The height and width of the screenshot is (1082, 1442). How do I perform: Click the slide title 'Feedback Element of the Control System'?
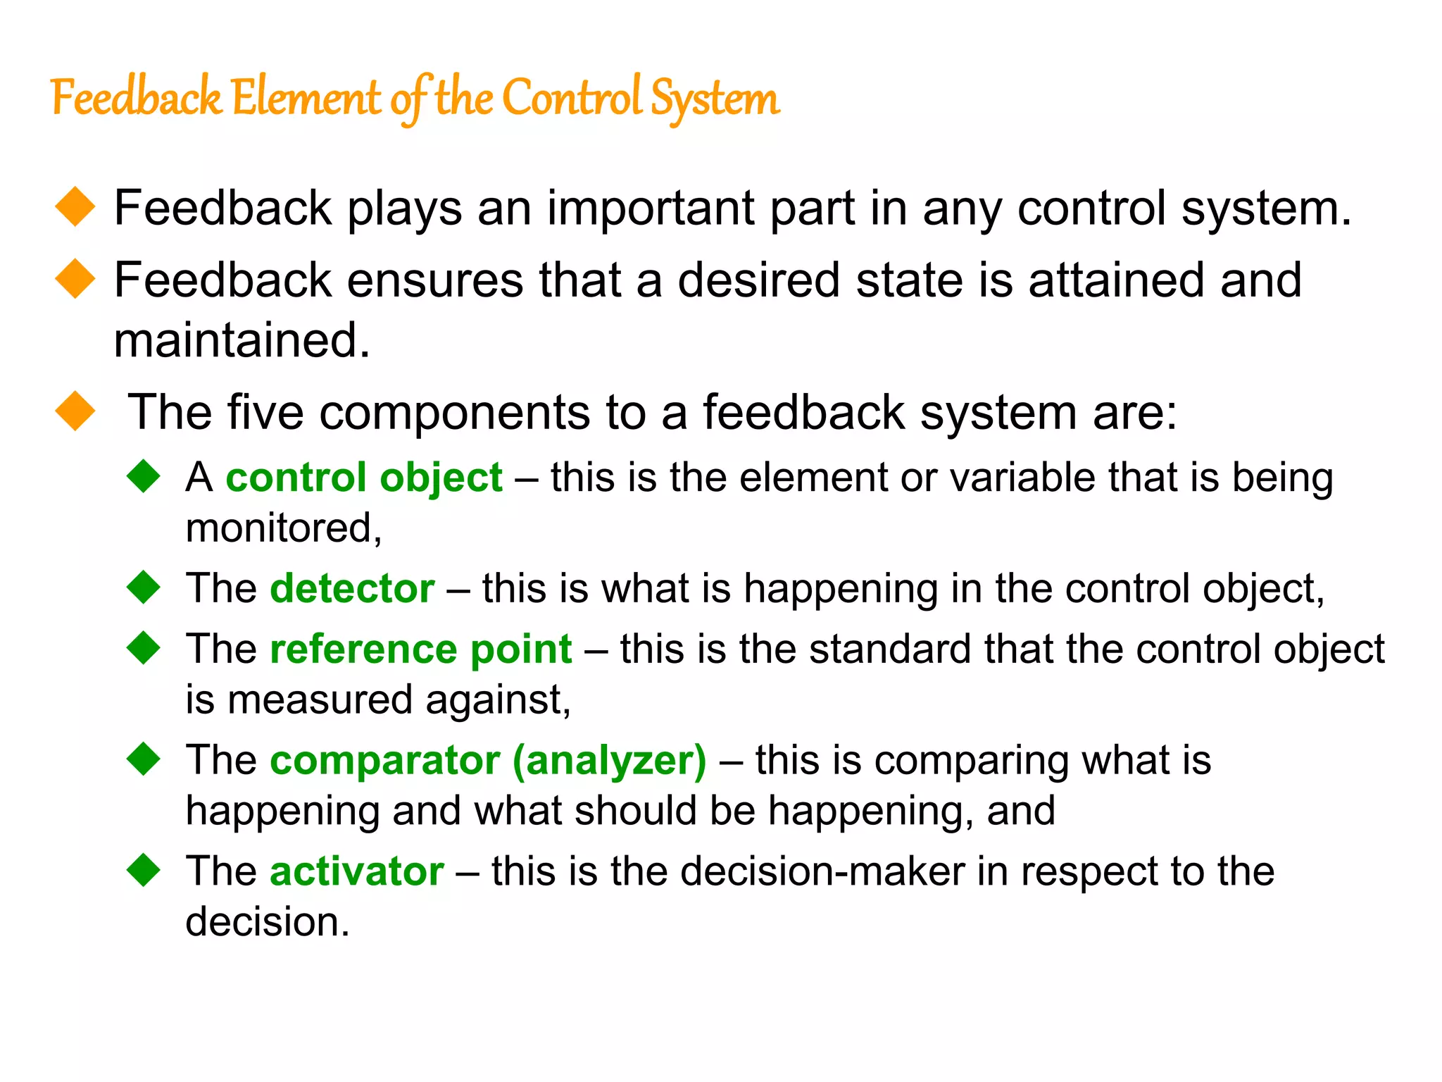coord(415,99)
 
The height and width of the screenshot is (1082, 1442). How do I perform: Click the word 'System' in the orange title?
coord(715,99)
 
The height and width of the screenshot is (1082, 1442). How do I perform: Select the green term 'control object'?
coord(364,478)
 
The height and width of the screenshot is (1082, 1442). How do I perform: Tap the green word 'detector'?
coord(352,588)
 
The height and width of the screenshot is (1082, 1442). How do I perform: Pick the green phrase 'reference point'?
coord(421,649)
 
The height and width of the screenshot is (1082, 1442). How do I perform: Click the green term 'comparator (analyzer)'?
coord(488,760)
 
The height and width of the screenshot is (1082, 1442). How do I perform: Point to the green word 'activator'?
coord(357,871)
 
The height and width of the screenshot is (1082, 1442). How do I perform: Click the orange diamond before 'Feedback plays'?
coord(75,207)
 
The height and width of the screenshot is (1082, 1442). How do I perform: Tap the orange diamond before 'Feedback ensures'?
coord(75,279)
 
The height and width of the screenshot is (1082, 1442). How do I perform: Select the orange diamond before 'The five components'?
coord(75,411)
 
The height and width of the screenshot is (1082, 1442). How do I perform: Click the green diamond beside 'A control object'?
coord(144,475)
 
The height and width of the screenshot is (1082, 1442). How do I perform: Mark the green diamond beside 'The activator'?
coord(144,869)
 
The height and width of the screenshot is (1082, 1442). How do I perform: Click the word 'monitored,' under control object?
coord(284,528)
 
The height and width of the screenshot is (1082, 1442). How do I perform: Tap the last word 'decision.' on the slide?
coord(268,922)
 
